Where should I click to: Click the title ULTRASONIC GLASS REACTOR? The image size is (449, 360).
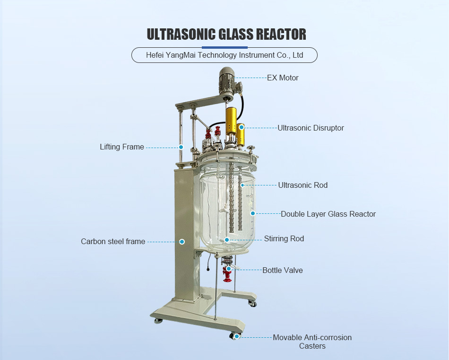click(x=226, y=34)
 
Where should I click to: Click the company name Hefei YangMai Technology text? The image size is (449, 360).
click(x=224, y=55)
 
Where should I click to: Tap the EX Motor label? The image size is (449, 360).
click(x=283, y=78)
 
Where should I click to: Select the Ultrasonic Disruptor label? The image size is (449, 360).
click(x=311, y=128)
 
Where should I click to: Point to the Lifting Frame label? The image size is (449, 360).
click(x=122, y=147)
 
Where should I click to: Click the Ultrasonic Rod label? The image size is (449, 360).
click(x=302, y=185)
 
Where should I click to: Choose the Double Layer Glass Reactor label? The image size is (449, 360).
click(x=328, y=214)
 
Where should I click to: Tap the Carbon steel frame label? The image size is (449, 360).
click(x=113, y=241)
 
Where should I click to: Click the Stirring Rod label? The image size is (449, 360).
click(x=284, y=238)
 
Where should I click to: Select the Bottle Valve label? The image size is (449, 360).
click(x=283, y=270)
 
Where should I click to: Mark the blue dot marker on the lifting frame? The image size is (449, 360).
click(x=181, y=147)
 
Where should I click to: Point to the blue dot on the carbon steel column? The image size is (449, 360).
click(x=182, y=241)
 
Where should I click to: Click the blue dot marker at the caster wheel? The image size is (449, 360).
click(x=237, y=337)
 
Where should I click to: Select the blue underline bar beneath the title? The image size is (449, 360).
click(x=224, y=47)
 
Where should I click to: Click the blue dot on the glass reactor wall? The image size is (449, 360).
click(x=253, y=213)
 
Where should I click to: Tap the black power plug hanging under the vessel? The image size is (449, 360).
click(x=207, y=269)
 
